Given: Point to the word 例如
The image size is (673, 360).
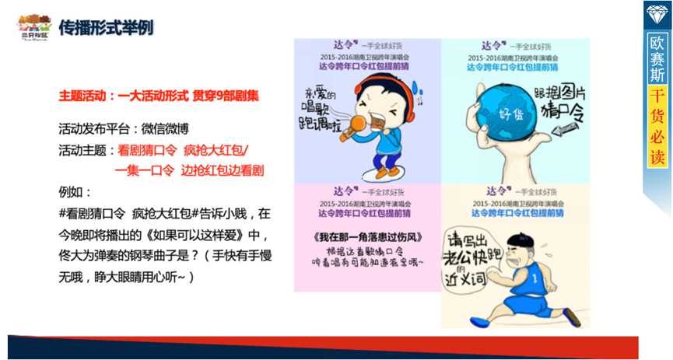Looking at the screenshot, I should pos(75,191).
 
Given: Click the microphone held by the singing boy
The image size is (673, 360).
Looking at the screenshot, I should pos(363,130).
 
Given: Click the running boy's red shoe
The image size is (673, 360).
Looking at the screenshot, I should pos(573,316).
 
